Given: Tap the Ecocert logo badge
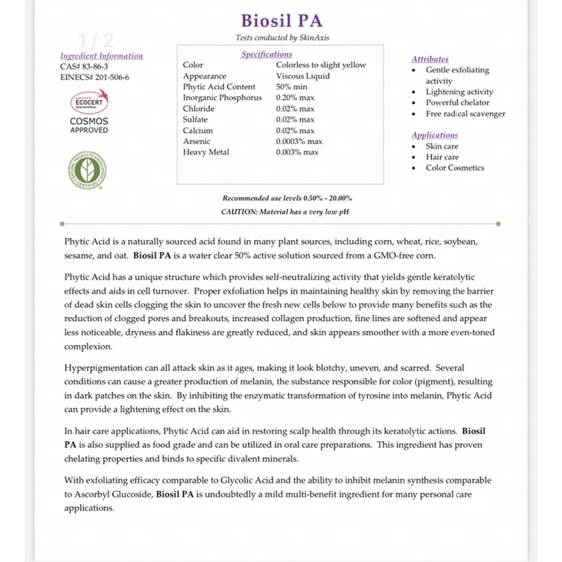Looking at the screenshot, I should pyautogui.click(x=89, y=102).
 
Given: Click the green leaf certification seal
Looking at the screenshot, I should pyautogui.click(x=87, y=171).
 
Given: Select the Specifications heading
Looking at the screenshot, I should pyautogui.click(x=266, y=54).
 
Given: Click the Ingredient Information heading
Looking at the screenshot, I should pyautogui.click(x=102, y=55).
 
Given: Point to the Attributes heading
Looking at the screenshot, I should pyautogui.click(x=430, y=59).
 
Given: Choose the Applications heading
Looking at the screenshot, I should pyautogui.click(x=434, y=135).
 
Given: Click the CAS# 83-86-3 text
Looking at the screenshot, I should pyautogui.click(x=84, y=66).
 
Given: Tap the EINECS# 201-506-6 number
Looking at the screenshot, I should pyautogui.click(x=95, y=77).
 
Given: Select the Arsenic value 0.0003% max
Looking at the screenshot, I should pyautogui.click(x=299, y=142).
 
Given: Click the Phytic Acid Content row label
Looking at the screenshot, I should pyautogui.click(x=219, y=87).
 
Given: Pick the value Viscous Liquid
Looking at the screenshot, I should pyautogui.click(x=303, y=76).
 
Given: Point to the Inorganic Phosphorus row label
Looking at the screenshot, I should pyautogui.click(x=222, y=98).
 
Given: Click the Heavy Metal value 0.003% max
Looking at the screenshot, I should pyautogui.click(x=296, y=152).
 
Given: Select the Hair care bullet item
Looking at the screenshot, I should pyautogui.click(x=442, y=157).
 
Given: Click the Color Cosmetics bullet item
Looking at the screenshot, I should pyautogui.click(x=455, y=168).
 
